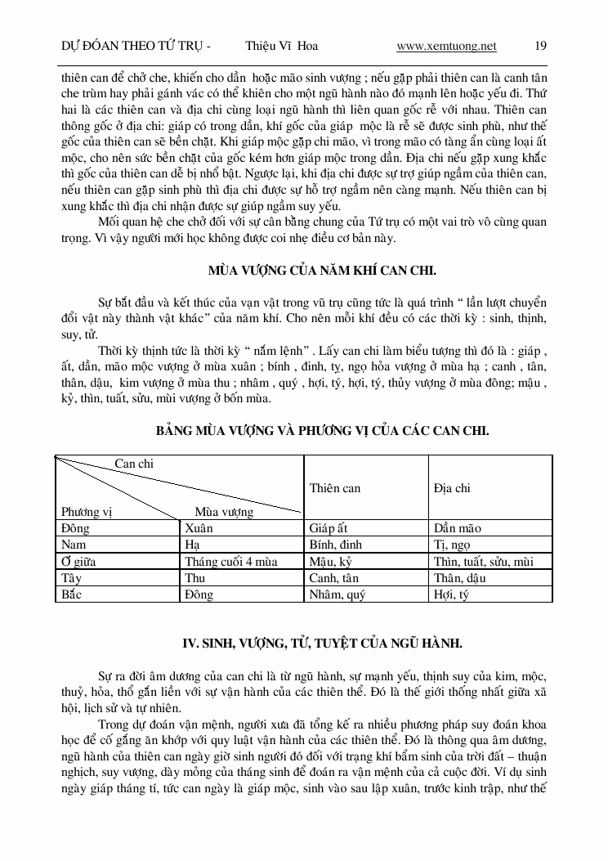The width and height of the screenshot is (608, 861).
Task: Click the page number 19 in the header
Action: (540, 46)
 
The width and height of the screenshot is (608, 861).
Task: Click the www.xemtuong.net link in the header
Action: (446, 46)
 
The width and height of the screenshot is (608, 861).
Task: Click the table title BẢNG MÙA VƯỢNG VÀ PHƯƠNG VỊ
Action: (323, 431)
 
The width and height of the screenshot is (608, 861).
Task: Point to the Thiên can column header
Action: (335, 488)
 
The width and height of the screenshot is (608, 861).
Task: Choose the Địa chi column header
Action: (452, 488)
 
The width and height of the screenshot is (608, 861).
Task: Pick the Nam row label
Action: (74, 545)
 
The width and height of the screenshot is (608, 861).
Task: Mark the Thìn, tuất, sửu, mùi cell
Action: (484, 562)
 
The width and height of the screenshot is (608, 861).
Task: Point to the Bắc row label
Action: (72, 594)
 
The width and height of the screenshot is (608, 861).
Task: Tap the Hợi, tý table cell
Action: (451, 594)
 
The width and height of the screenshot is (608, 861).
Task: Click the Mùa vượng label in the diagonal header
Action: (224, 512)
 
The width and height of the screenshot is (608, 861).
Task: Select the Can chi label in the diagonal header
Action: (134, 464)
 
